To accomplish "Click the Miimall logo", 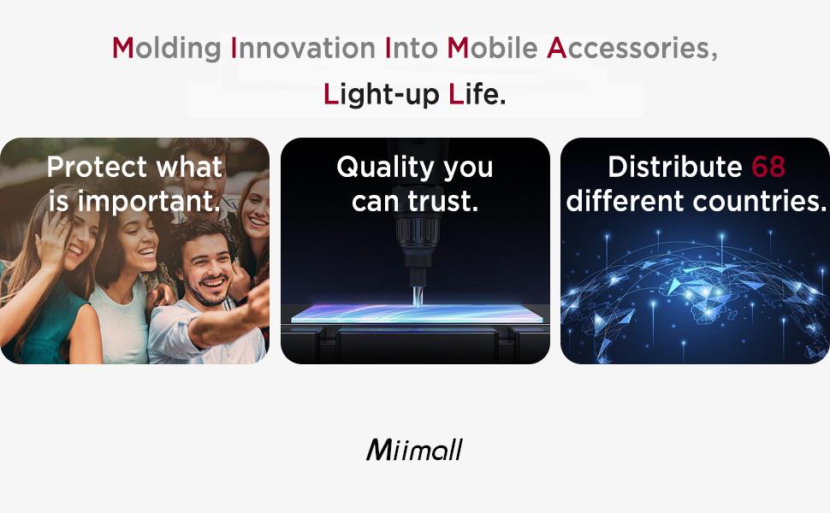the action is [x=414, y=450].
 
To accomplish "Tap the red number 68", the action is [x=768, y=167].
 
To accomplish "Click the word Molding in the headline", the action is [x=167, y=49].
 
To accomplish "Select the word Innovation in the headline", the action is [x=303, y=48].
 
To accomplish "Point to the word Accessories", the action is [x=632, y=49].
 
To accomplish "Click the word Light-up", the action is [x=381, y=95].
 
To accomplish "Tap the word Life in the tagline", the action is [x=477, y=94].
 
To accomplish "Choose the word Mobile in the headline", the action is [x=492, y=48].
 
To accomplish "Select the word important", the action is [x=149, y=202].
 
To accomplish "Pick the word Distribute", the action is [x=675, y=167].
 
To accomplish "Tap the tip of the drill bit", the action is [x=417, y=304].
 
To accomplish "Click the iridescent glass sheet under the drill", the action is [x=418, y=313].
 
